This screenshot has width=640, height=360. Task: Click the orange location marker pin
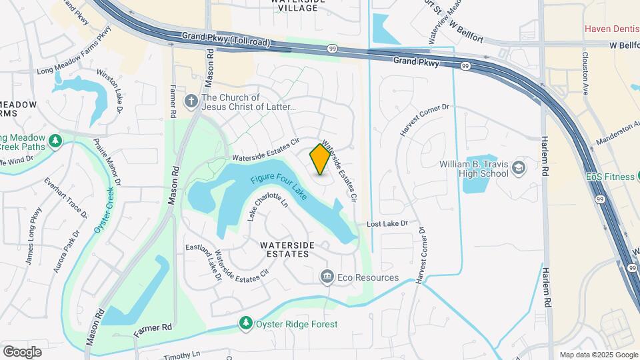[x=321, y=160]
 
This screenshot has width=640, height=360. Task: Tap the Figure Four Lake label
[x=279, y=189]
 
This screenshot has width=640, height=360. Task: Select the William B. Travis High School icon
[x=519, y=169]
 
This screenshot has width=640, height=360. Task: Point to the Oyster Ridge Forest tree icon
[x=246, y=324]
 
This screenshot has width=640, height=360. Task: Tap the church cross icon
[x=191, y=101]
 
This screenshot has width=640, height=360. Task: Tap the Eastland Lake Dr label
[x=203, y=264]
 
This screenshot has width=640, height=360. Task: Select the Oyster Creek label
[x=106, y=209]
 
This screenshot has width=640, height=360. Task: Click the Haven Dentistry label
[x=612, y=29]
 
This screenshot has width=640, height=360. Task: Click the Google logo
[x=22, y=351]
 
